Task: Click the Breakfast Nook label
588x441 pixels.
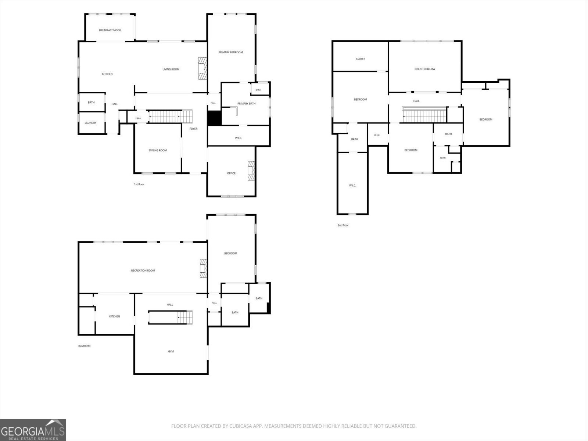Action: click(110, 30)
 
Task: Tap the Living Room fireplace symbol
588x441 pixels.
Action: click(202, 68)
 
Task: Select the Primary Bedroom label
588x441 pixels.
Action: click(230, 52)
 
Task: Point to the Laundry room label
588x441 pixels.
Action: click(90, 123)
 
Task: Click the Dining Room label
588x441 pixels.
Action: click(158, 150)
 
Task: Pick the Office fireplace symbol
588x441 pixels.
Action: click(251, 171)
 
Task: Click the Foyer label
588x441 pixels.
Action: click(193, 129)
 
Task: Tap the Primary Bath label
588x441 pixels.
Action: click(247, 104)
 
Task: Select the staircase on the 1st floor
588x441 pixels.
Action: click(171, 116)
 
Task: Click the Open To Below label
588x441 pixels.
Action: click(425, 69)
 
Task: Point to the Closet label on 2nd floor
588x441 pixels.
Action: click(360, 59)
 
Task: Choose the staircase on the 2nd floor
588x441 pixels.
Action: click(424, 115)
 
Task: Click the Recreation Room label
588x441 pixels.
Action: click(143, 271)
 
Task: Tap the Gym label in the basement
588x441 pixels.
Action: click(171, 352)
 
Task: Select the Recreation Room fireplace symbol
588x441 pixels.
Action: click(204, 268)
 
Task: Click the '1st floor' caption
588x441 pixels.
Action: click(139, 184)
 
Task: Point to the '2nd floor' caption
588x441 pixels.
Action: click(343, 225)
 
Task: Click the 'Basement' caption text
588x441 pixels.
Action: click(85, 346)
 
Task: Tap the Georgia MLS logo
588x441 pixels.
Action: click(33, 430)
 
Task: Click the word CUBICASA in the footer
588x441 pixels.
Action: click(239, 426)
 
